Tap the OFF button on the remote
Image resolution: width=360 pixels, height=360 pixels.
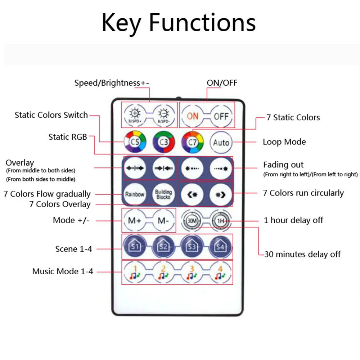(221, 116)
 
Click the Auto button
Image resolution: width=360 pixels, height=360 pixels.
(221, 142)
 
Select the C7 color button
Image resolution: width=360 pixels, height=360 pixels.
(193, 142)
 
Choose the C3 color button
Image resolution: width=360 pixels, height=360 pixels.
(164, 142)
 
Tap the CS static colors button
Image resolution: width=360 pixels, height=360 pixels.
(135, 142)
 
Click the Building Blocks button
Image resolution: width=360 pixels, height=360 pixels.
(163, 194)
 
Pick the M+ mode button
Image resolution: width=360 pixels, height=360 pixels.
(135, 221)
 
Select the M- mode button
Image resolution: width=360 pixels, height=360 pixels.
(163, 221)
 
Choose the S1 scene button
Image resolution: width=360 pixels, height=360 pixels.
(135, 247)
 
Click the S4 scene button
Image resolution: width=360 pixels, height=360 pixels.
(221, 247)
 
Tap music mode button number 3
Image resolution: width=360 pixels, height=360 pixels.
(192, 273)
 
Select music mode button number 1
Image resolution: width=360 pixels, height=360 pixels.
(135, 273)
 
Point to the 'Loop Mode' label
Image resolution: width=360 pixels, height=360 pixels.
(284, 142)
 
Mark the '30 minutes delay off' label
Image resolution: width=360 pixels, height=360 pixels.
(302, 254)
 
